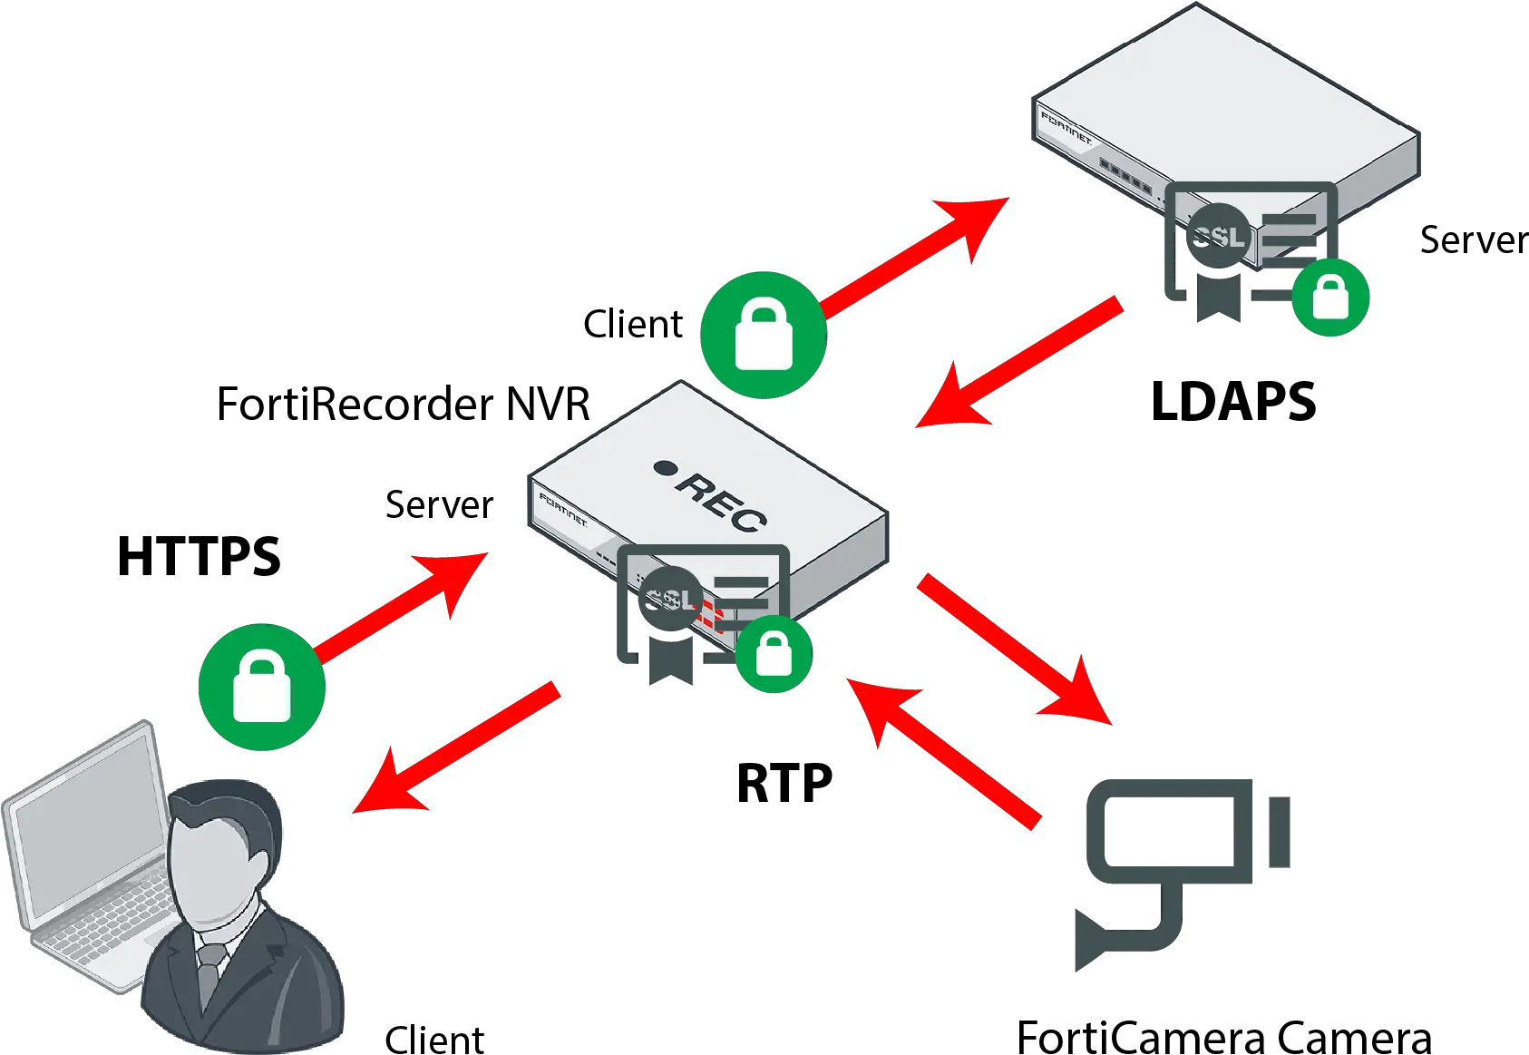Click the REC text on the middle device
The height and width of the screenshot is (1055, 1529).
(x=722, y=501)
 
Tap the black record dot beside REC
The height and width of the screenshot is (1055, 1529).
(x=665, y=468)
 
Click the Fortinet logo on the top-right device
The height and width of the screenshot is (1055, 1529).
(x=1066, y=127)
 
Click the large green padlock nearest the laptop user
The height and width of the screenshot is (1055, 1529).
(x=262, y=687)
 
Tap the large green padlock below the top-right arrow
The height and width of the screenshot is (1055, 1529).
(x=764, y=334)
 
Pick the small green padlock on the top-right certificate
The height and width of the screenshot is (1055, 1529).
(x=1330, y=298)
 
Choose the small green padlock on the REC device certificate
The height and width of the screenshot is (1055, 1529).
(x=774, y=653)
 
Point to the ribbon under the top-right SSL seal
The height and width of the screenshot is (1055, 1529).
(x=1216, y=295)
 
